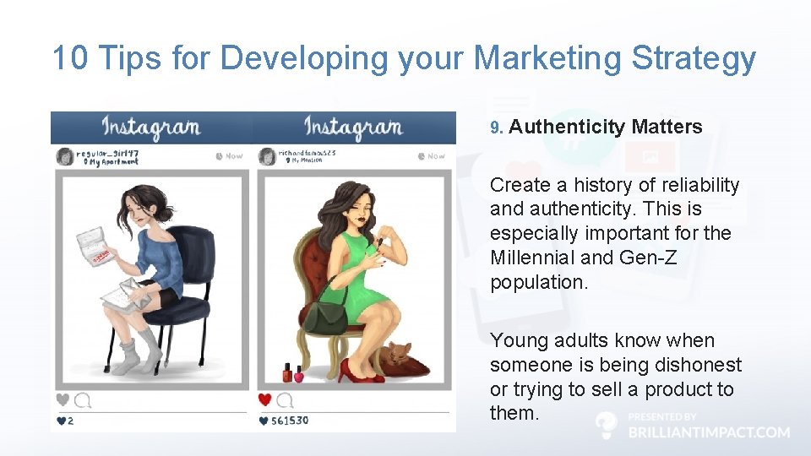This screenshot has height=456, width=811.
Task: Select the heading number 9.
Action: (496, 128)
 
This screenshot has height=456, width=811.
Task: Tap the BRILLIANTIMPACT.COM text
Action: (709, 432)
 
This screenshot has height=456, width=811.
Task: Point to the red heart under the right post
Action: (264, 399)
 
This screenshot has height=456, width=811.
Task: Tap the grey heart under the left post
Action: (63, 399)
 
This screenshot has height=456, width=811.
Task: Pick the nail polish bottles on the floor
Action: (292, 373)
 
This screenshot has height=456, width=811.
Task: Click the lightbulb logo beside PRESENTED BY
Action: (606, 424)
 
